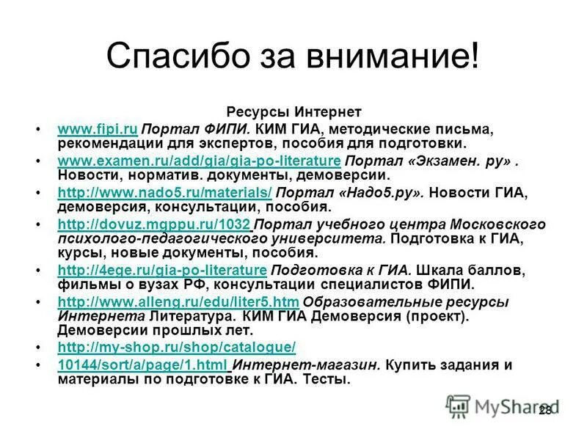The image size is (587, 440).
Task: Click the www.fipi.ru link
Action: coord(97,129)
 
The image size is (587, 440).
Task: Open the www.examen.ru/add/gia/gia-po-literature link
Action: coord(198,161)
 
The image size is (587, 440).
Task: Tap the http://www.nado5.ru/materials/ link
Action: coord(164,193)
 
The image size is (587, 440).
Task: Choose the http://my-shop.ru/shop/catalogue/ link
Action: coord(176,348)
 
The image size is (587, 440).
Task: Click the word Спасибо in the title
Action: coord(177,56)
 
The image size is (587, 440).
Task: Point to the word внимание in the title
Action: coord(389,56)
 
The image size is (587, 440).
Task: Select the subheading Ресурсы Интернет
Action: coord(293,112)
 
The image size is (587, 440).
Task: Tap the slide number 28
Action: coord(544,410)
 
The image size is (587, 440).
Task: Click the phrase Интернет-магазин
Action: coord(307,365)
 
